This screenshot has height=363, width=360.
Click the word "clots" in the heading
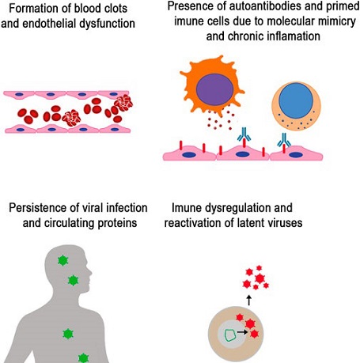[115, 8]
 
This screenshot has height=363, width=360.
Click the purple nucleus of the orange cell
[214, 89]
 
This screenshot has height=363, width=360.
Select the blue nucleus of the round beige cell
[296, 100]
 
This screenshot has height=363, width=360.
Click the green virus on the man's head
[63, 261]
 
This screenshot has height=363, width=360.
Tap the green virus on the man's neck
[73, 281]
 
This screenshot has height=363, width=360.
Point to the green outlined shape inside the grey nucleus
[231, 335]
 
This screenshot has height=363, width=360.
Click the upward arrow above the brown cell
[249, 301]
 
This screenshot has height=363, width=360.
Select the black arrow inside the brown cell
[242, 332]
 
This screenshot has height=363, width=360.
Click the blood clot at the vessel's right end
[123, 103]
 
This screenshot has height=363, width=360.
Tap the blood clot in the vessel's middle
[71, 118]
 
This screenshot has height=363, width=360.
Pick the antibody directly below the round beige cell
[284, 140]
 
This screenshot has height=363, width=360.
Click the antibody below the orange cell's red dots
[244, 134]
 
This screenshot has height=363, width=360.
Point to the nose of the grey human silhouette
[91, 271]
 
